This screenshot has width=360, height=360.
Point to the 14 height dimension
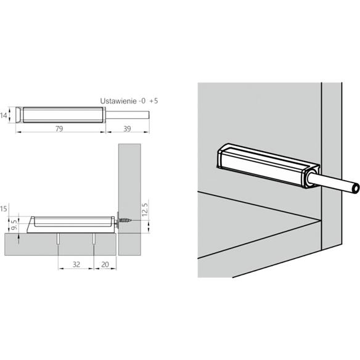[x=4, y=115]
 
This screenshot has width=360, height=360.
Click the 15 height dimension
[x=4, y=210]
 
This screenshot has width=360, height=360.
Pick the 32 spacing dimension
[x=75, y=264]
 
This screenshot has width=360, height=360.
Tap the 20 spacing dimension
[x=104, y=264]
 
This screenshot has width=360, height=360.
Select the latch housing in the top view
[x=62, y=115]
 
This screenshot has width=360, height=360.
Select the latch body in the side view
[x=71, y=222]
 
